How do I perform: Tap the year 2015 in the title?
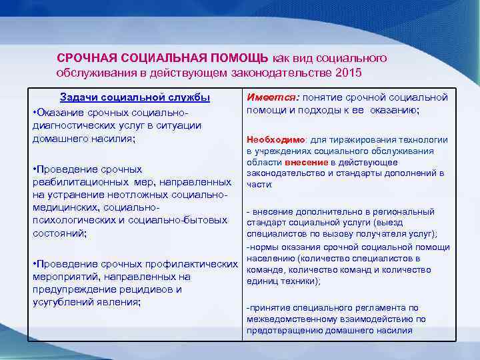[353, 71]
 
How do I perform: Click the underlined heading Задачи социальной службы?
[135, 97]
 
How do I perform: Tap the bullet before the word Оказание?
[34, 111]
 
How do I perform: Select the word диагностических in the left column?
[71, 125]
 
